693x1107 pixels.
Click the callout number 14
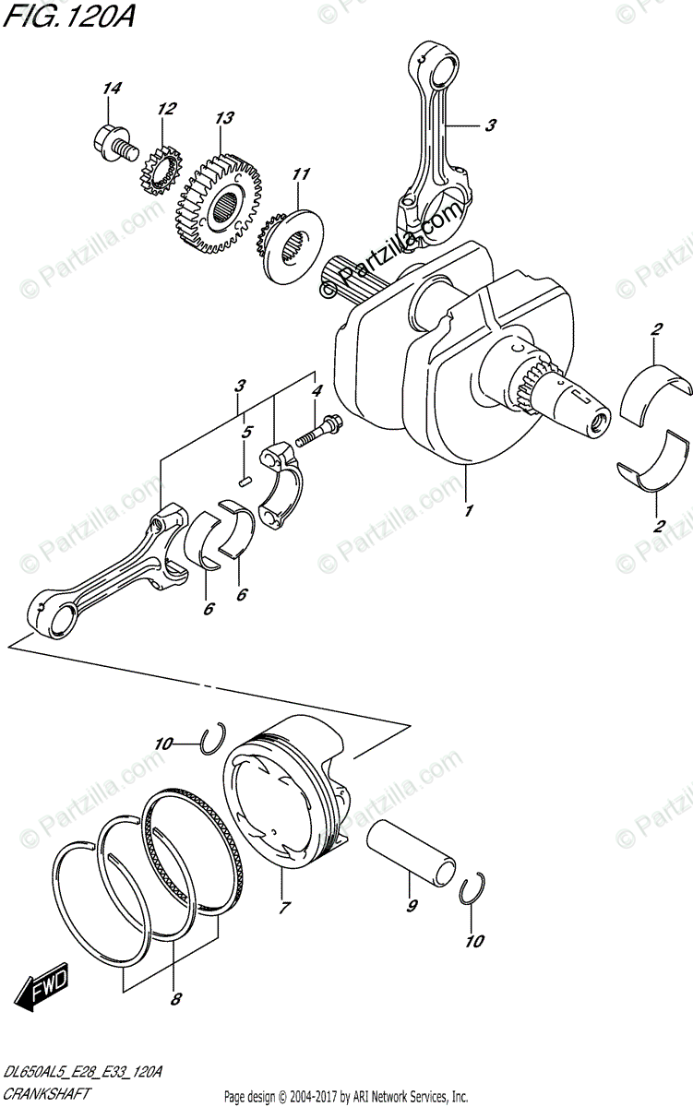tap(112, 89)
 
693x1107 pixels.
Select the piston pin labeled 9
tap(412, 848)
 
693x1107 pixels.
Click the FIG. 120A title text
tap(68, 16)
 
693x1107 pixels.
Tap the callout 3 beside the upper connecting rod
tap(490, 125)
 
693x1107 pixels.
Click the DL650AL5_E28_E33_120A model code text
tap(82, 1072)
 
